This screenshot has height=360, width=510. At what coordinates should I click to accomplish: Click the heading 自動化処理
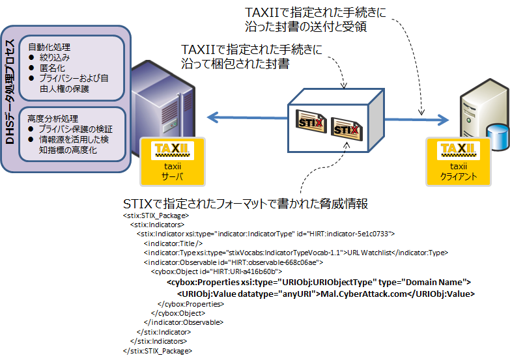click(x=49, y=48)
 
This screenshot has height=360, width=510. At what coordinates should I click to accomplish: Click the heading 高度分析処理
click(x=53, y=119)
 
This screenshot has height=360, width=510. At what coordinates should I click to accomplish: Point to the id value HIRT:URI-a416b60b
click(x=251, y=271)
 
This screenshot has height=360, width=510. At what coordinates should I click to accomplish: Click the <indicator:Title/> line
click(x=167, y=243)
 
